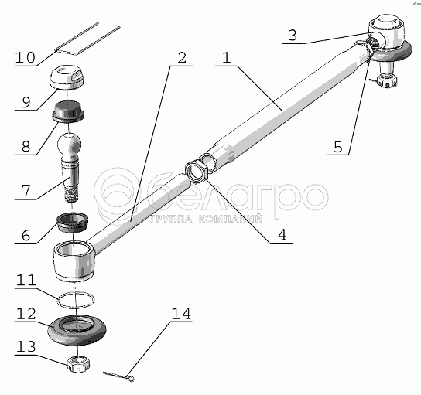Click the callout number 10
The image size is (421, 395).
(26, 57)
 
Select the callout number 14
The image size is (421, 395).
(181, 313)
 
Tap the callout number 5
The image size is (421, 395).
(338, 147)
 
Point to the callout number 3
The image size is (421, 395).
(293, 35)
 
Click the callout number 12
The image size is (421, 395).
(26, 313)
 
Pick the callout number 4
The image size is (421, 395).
(282, 235)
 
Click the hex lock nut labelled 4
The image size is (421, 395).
(196, 171)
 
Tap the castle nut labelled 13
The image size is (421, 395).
(78, 363)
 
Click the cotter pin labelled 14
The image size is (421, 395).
(118, 376)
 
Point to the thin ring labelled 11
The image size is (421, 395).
(76, 299)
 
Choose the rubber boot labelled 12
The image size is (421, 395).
(77, 330)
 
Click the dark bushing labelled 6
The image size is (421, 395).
(73, 222)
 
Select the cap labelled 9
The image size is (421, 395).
(67, 77)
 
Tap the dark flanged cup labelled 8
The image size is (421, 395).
(68, 112)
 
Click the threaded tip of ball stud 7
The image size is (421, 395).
(71, 196)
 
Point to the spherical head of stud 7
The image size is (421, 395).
(69, 144)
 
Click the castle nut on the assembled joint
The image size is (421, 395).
(386, 80)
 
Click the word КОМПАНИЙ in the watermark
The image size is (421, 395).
(231, 219)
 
